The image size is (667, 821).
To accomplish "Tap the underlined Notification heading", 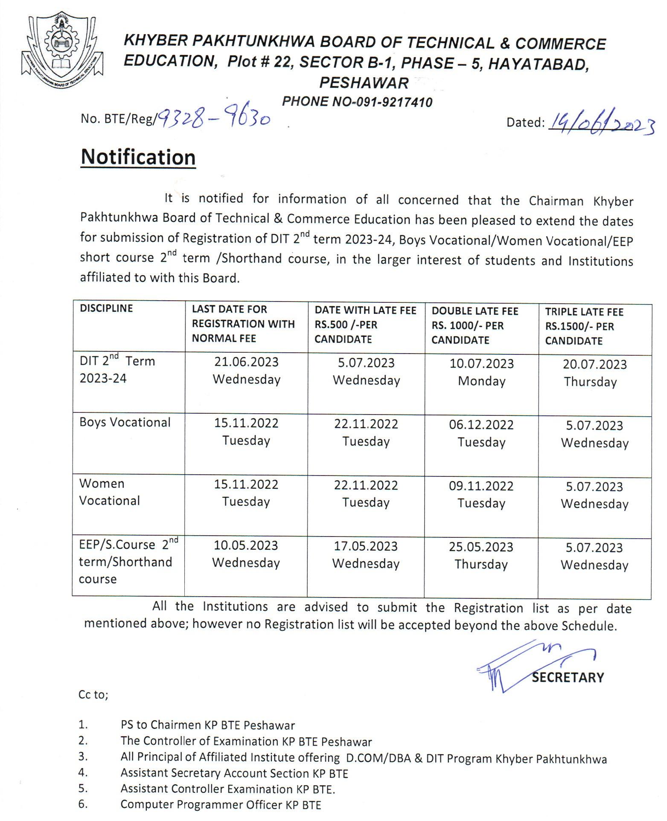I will [138, 157].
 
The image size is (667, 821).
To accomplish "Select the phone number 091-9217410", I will [392, 102].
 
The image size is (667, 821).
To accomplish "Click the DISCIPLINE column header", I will [106, 308].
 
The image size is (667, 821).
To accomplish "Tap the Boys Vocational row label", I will [125, 422].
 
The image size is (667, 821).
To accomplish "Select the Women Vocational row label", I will [110, 492].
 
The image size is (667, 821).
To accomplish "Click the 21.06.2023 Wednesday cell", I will [246, 371].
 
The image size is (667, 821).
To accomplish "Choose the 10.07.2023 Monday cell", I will [481, 372].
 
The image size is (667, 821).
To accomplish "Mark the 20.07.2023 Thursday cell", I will [594, 373].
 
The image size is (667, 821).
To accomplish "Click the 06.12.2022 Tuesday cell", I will [481, 433].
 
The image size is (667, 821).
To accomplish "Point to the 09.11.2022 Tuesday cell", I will [481, 494].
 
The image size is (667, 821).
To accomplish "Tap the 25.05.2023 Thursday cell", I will [481, 555].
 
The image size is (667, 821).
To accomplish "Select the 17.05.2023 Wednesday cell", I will [366, 554].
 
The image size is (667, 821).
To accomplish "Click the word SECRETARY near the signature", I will [568, 677].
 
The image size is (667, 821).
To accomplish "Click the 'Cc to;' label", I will [93, 695].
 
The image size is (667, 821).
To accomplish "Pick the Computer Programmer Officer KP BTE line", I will [221, 804].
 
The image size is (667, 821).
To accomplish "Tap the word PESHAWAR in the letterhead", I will [364, 82].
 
